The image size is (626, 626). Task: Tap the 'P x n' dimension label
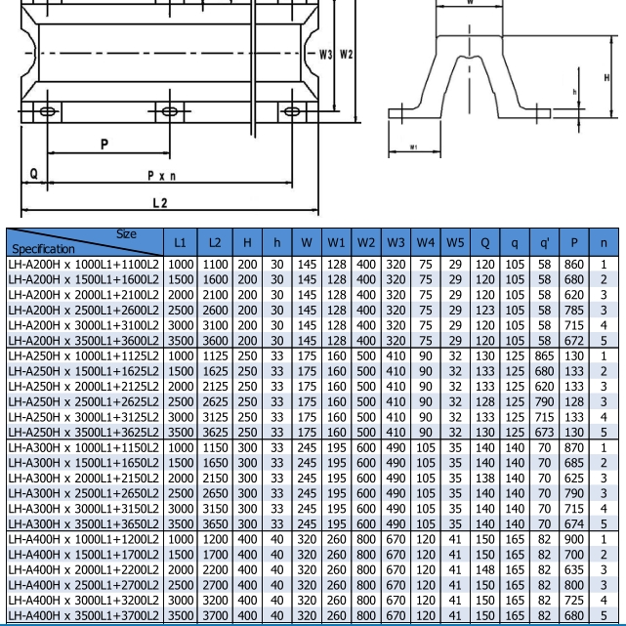[x=161, y=176]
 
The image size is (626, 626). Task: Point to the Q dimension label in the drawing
[x=33, y=174]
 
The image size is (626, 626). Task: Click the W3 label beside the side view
[x=326, y=54]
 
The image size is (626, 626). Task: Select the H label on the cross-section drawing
[x=606, y=78]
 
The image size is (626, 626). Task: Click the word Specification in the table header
[x=43, y=249]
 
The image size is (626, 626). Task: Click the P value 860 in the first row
[x=575, y=265]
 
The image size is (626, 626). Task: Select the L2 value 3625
[x=215, y=432]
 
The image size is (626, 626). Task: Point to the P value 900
[x=575, y=539]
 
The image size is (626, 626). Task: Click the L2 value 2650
[x=215, y=493]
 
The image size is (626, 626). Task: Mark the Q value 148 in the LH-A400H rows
[x=485, y=569]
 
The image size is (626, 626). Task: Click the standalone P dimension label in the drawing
[x=104, y=145]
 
